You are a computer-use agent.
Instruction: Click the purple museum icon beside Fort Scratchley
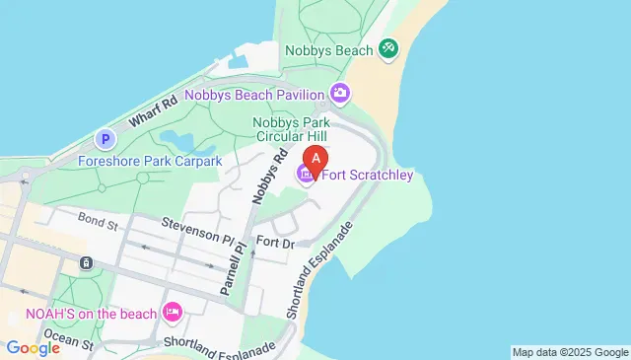coord(306,176)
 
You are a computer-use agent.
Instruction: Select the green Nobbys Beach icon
coord(388,48)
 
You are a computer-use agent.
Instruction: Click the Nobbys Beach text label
coord(328,49)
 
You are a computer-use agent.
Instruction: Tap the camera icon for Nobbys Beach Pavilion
coord(340,94)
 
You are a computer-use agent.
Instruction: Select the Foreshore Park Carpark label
coord(151,161)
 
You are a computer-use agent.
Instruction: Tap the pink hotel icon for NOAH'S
coord(173,313)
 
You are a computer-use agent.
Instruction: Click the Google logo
coord(33,348)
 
